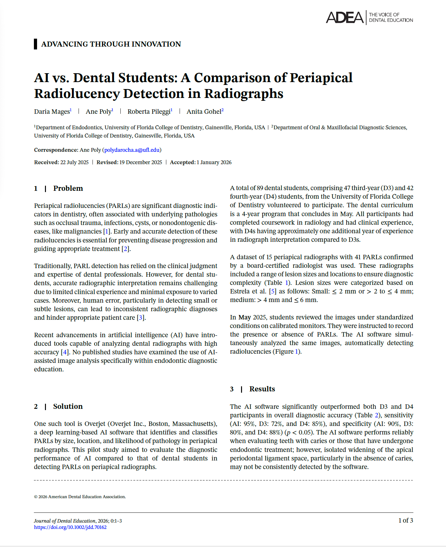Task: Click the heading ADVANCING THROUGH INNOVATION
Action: [x=111, y=44]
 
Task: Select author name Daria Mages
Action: [x=52, y=112]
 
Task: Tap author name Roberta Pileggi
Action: [x=149, y=112]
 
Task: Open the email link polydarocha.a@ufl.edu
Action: [x=132, y=150]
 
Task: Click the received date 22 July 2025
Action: [x=74, y=162]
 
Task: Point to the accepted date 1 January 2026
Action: [x=214, y=162]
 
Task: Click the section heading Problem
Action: [x=68, y=188]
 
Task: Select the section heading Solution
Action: [x=67, y=406]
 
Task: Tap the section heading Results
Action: [x=262, y=389]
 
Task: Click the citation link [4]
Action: [x=65, y=352]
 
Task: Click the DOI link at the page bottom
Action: [x=70, y=527]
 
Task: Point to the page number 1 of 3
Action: [x=405, y=520]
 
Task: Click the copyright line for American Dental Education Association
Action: [x=80, y=497]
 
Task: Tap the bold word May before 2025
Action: [x=244, y=317]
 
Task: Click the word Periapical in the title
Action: [x=321, y=78]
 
